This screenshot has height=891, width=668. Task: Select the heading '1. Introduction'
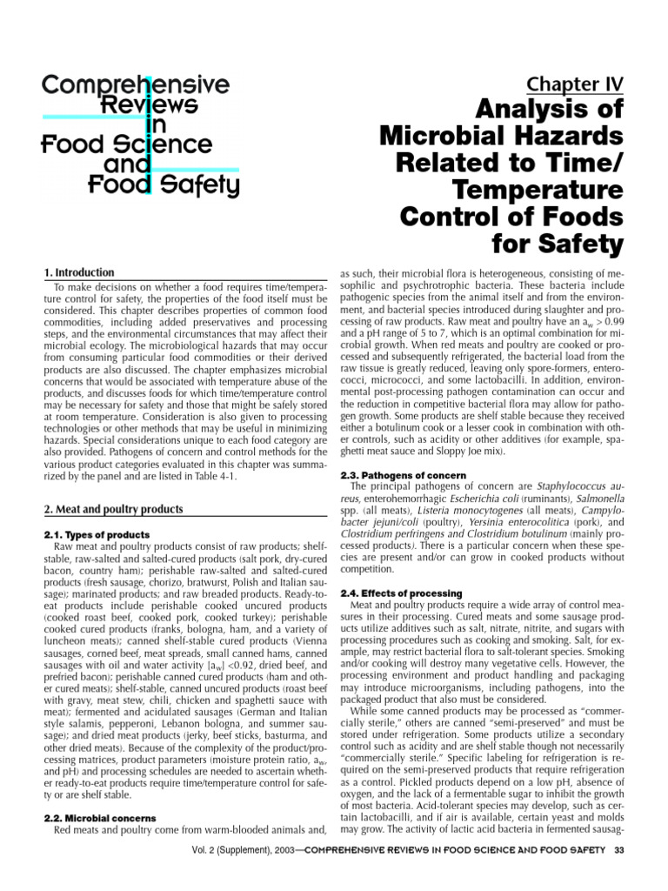[x=79, y=272]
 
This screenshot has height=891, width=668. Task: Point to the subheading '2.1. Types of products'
[x=97, y=533]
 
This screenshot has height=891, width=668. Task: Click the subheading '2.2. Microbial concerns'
[x=99, y=818]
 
